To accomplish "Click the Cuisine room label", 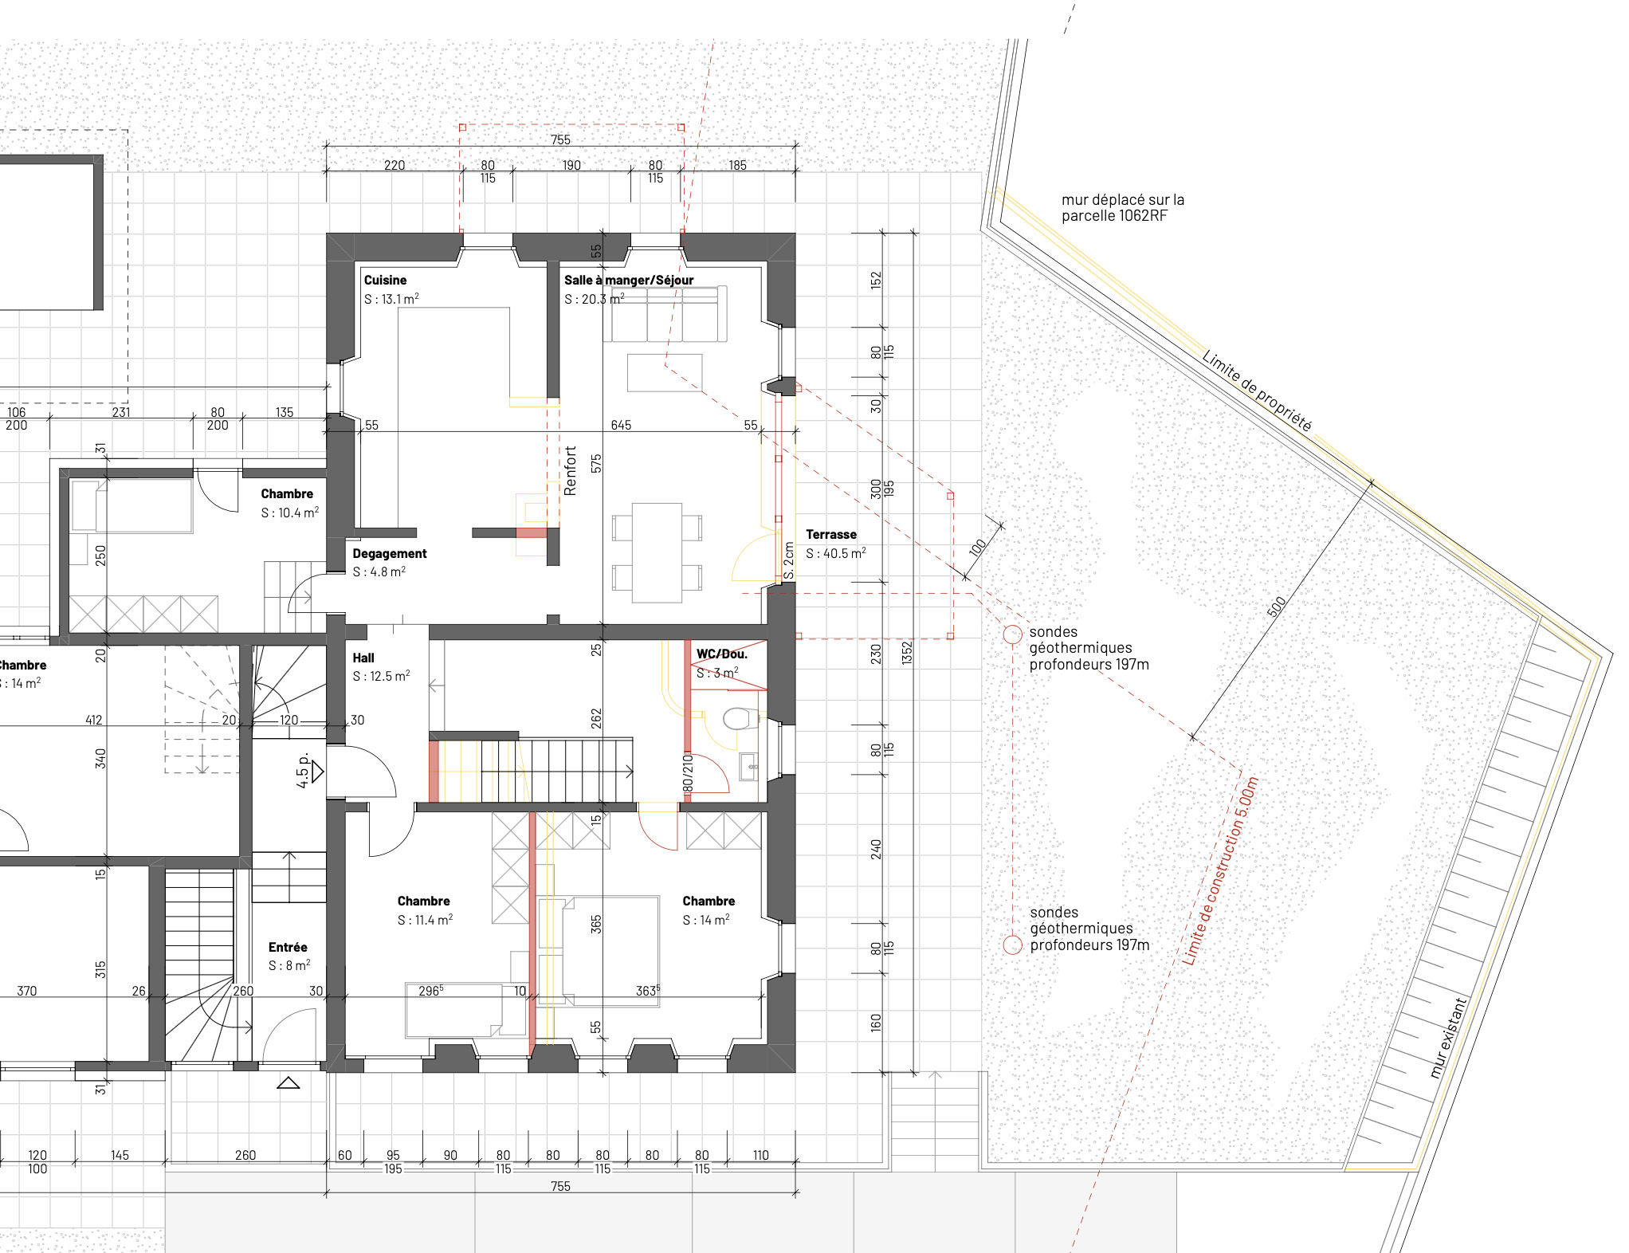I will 385,281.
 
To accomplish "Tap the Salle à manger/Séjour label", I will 628,281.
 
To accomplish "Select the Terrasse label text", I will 830,535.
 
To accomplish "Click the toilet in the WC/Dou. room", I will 740,719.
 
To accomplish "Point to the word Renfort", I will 570,470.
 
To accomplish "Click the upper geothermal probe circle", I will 1012,634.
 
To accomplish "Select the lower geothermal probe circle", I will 1012,945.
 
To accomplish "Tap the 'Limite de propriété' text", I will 1256,391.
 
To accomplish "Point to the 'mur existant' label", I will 1448,1038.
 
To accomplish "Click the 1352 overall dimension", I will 907,654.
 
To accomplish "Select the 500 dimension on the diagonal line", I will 1276,607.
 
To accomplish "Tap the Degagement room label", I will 390,554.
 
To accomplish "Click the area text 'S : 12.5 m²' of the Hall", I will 381,677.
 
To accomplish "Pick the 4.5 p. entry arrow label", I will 303,771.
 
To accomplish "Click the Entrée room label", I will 288,948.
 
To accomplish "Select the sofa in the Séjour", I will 665,314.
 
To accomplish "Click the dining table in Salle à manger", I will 657,552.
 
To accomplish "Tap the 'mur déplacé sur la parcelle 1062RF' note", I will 1122,208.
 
